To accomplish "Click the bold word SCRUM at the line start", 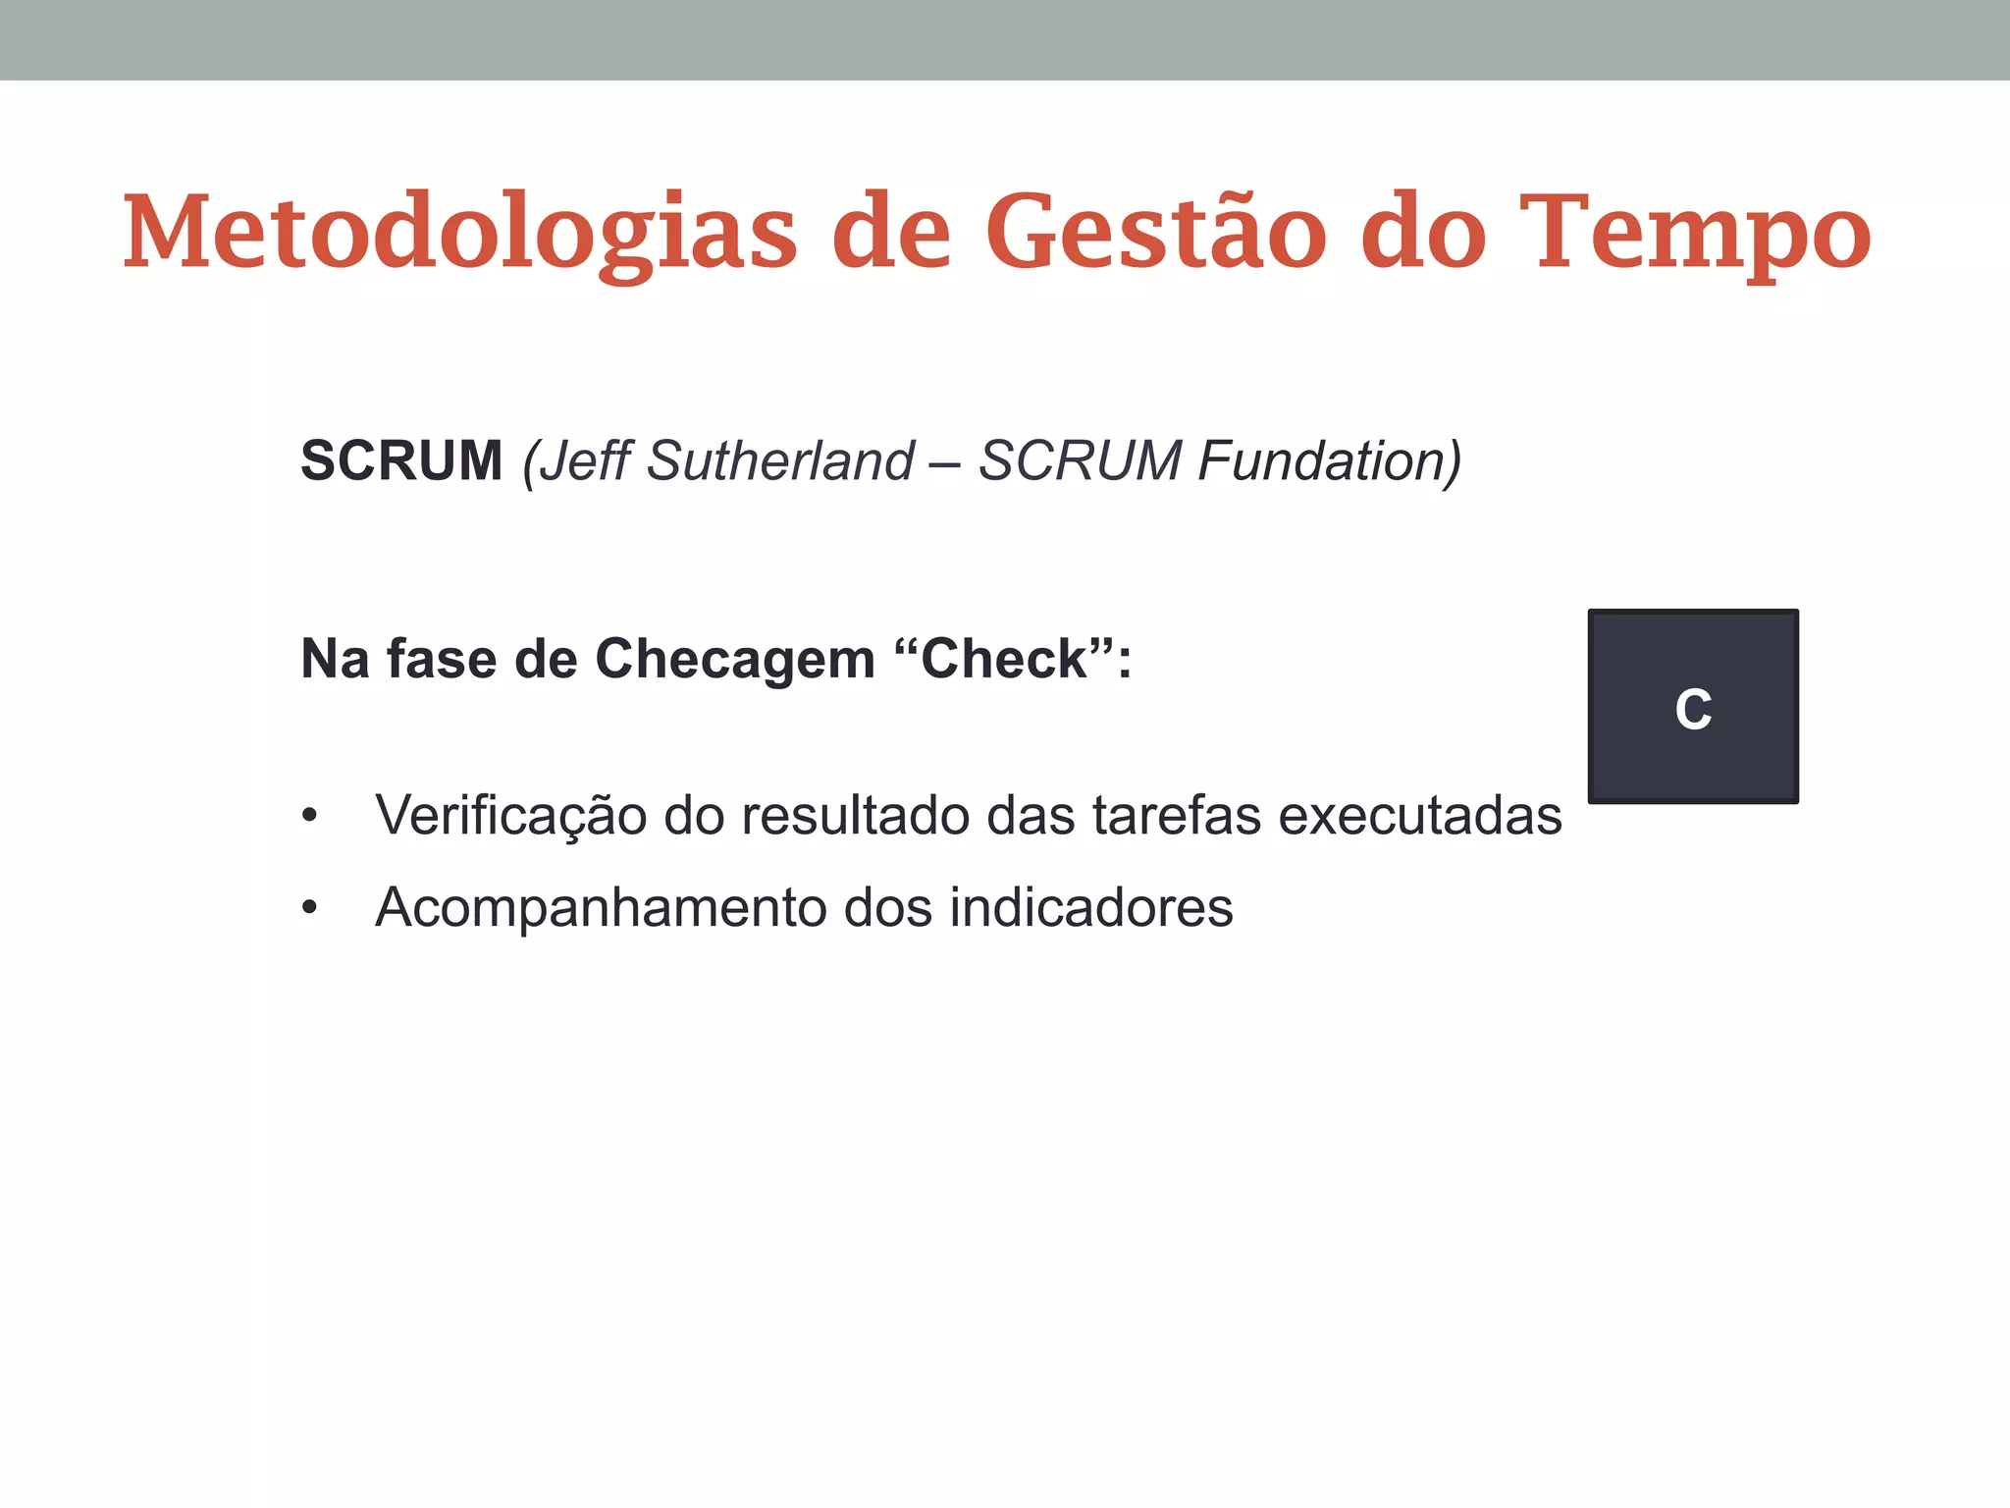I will [x=401, y=460].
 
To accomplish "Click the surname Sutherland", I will [x=780, y=460].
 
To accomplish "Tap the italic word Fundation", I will [x=1330, y=460].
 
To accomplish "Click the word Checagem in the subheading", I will [x=735, y=659].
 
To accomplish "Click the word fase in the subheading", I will [x=442, y=659].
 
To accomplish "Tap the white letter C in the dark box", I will [x=1693, y=709].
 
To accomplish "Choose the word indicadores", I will [x=1090, y=908].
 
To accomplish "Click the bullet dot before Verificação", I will [x=310, y=816].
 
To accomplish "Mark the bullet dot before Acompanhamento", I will [x=310, y=909].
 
